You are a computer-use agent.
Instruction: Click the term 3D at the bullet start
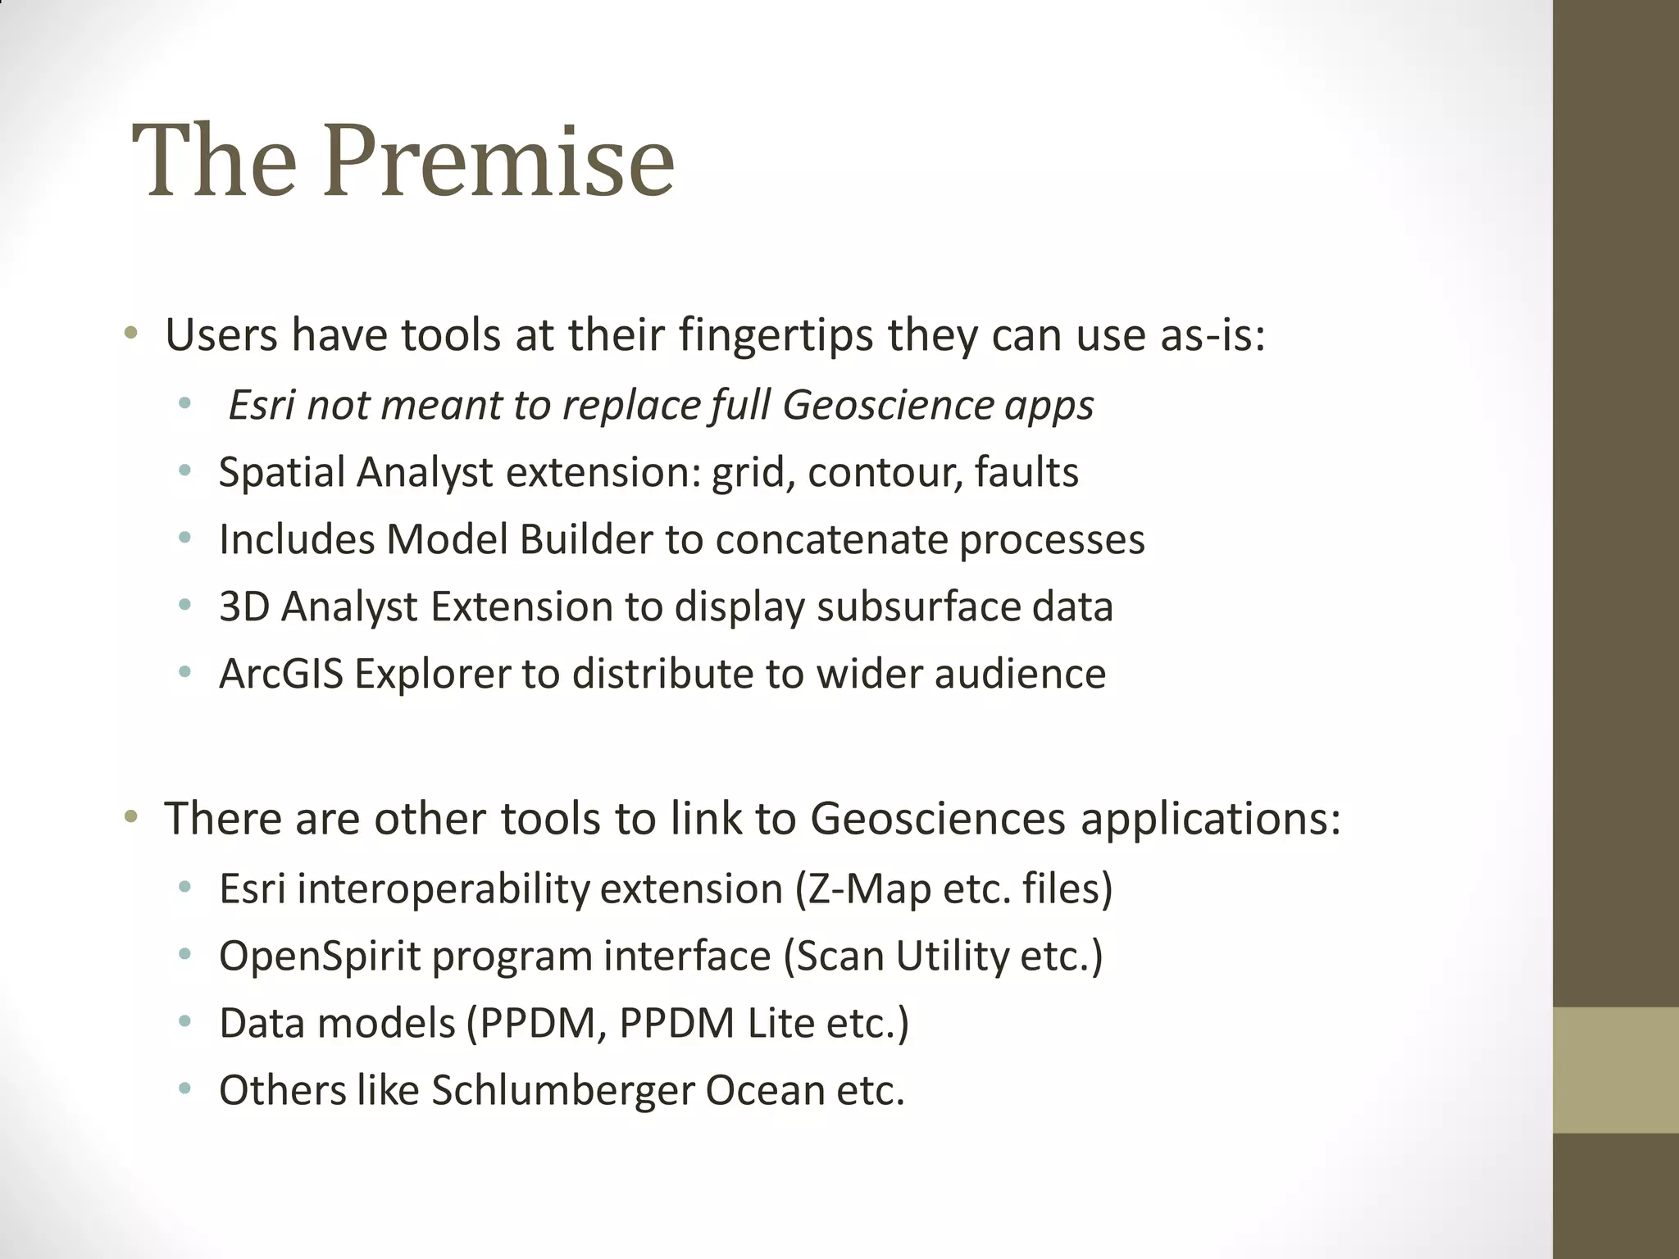(243, 607)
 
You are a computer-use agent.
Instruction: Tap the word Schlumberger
(562, 1091)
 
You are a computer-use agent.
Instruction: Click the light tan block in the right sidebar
(1615, 1070)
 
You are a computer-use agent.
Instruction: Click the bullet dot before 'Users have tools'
(131, 334)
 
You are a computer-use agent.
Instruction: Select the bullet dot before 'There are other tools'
(131, 816)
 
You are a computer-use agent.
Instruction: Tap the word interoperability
(444, 889)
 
